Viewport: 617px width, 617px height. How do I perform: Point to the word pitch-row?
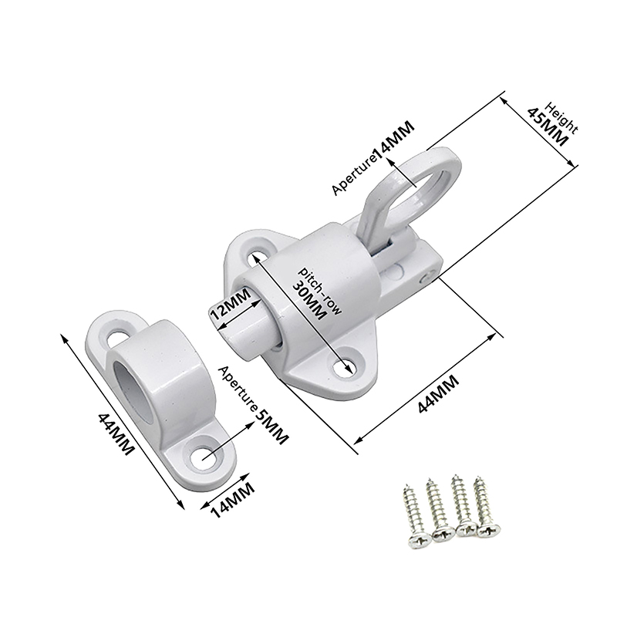(x=320, y=291)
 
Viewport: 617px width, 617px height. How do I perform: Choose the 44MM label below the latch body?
(x=438, y=393)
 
